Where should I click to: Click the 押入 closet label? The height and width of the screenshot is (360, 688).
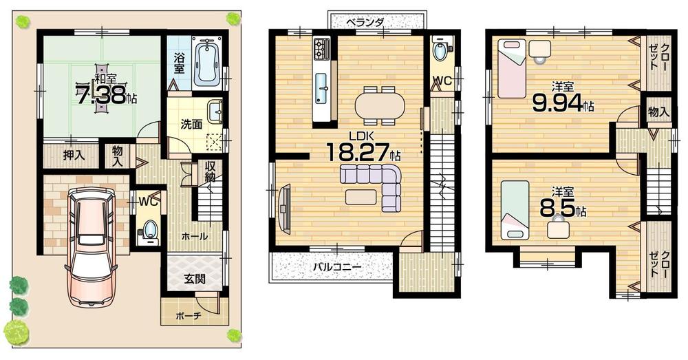74,156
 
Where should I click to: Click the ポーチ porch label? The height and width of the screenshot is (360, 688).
187,316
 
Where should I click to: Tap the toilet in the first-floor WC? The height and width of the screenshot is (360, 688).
149,230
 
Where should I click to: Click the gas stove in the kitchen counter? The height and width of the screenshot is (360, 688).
322,47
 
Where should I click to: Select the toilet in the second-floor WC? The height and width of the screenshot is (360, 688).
439,50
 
